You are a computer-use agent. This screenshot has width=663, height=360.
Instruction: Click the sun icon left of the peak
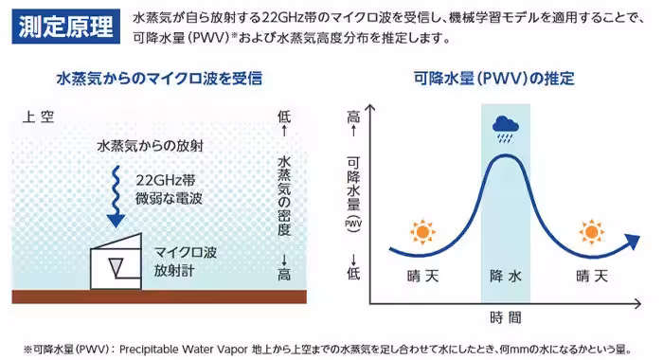[x=420, y=231]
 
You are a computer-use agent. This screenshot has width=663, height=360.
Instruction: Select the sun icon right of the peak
[x=592, y=231]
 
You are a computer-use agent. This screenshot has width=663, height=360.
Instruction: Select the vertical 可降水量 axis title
[x=353, y=184]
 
